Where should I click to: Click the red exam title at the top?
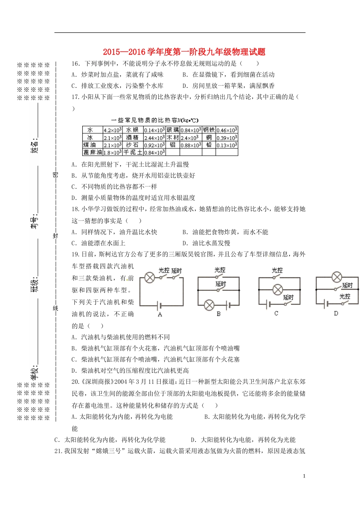point(184,52)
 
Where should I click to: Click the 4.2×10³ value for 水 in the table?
point(113,130)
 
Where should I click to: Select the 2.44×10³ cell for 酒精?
point(154,138)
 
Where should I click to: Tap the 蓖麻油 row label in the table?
point(92,152)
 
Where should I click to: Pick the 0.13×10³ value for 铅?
point(227,145)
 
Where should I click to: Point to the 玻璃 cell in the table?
point(172,130)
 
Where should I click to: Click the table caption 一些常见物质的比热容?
point(155,120)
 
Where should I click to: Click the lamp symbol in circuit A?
point(150,278)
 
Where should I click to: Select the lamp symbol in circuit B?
point(209,304)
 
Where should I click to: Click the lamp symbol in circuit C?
point(278,290)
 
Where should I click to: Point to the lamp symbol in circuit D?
point(337,277)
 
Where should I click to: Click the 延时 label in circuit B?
point(221,284)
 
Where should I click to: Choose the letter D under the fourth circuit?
point(336,314)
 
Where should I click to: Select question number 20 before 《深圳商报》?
point(75,382)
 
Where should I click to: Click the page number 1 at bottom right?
point(304,476)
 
